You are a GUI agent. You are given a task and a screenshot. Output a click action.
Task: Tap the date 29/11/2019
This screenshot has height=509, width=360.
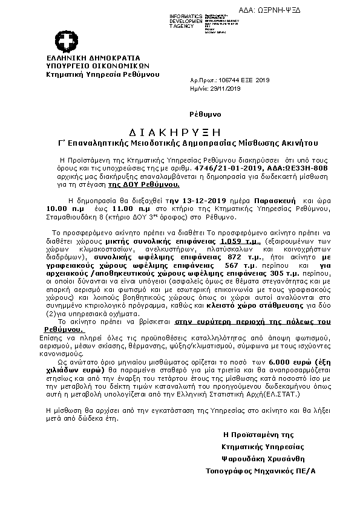(226, 88)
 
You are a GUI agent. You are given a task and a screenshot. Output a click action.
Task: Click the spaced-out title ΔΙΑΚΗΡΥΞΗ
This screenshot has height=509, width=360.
(175, 132)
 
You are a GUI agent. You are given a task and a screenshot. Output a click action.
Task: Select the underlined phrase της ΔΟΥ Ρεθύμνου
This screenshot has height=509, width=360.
(143, 182)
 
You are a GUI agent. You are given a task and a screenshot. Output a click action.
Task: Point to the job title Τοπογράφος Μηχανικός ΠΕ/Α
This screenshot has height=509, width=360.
(261, 470)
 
